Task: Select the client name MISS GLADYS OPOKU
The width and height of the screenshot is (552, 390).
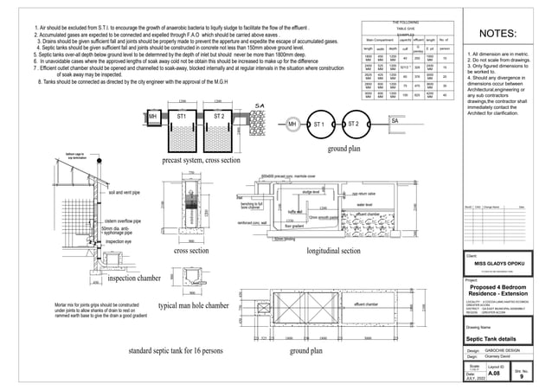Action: [x=501, y=264]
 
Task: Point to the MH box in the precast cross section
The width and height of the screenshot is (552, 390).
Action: [x=152, y=116]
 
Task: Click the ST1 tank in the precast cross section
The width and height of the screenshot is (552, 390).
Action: [x=182, y=116]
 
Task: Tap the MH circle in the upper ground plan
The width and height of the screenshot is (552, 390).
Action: [x=294, y=125]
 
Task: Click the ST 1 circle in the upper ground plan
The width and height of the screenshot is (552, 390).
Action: [x=319, y=125]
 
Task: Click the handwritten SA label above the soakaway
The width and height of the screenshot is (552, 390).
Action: [x=258, y=106]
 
